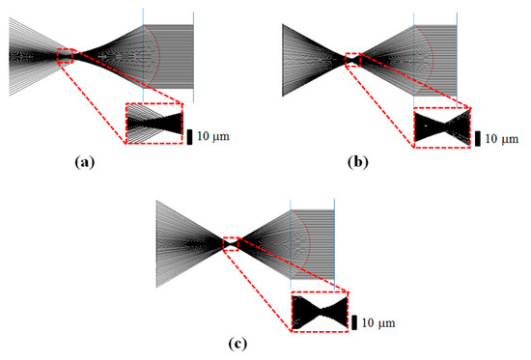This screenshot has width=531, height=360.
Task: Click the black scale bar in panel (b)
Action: click(477, 138)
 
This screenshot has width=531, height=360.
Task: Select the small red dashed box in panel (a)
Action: click(65, 56)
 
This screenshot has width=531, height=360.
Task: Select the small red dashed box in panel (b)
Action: click(354, 60)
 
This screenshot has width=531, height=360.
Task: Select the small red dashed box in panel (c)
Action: click(231, 243)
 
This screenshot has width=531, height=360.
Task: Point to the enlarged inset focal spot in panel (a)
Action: click(154, 123)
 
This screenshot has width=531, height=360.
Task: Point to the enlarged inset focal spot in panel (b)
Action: click(441, 127)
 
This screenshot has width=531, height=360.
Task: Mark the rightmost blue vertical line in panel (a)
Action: click(193, 53)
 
